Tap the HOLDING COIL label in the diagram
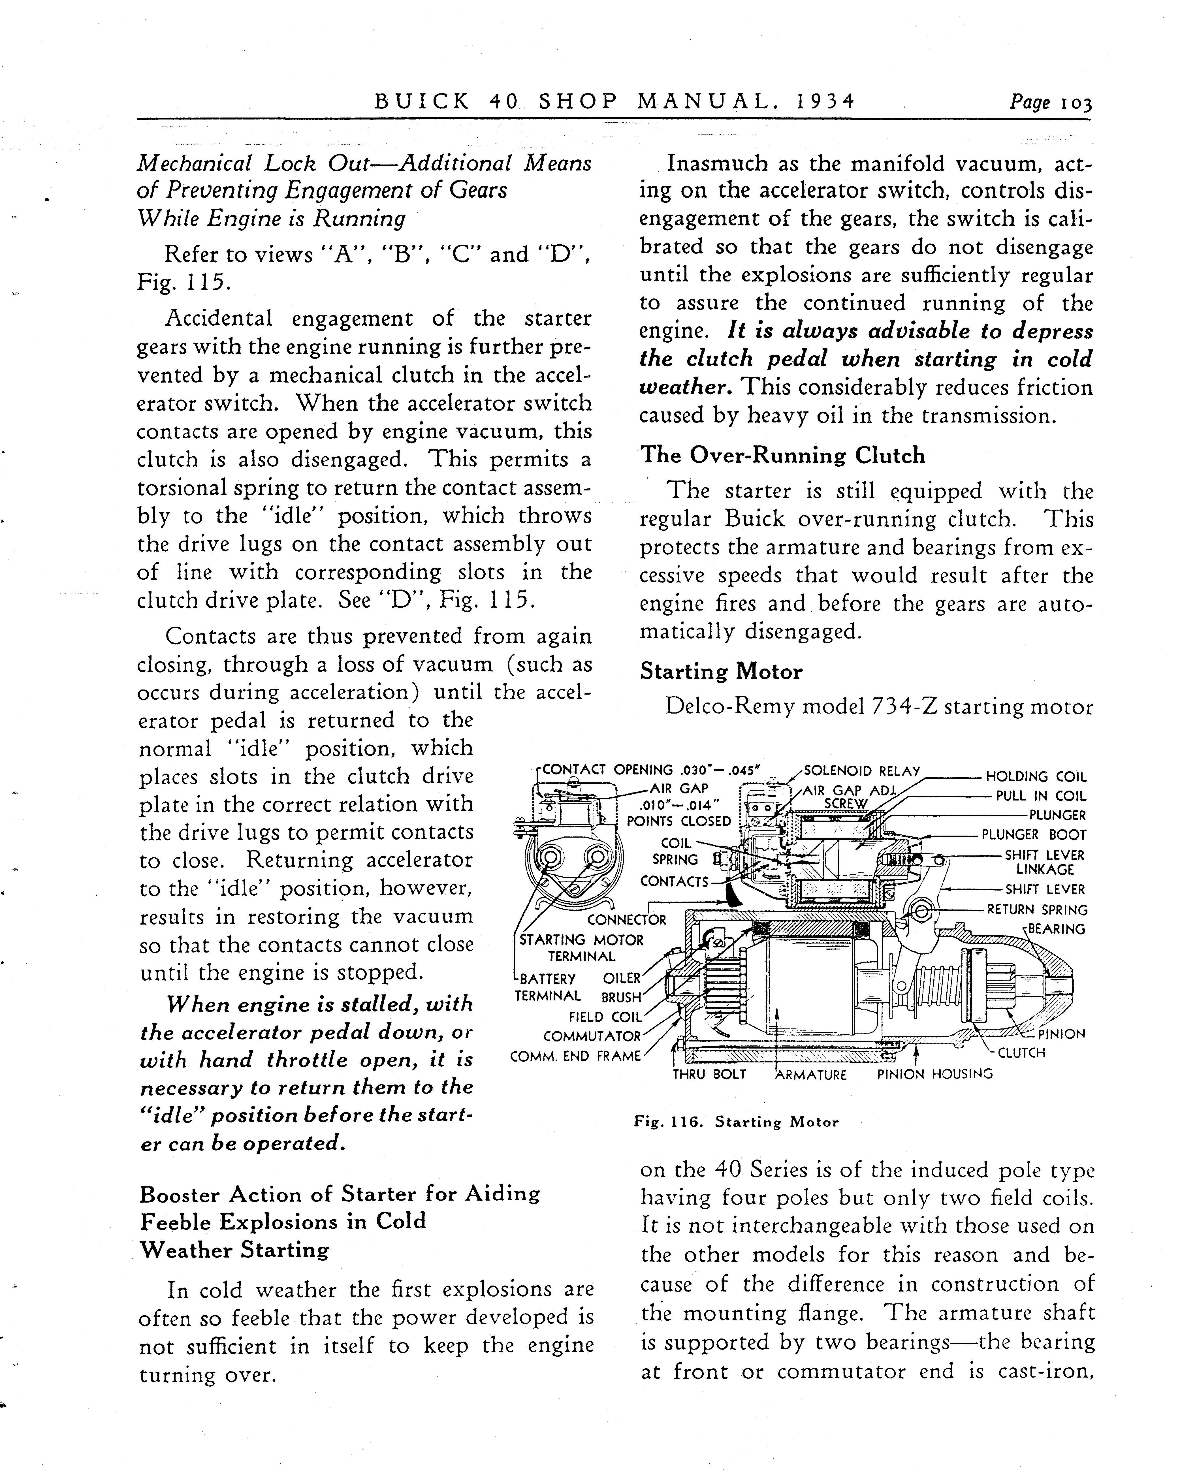click(1035, 777)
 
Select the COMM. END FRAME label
click(576, 1056)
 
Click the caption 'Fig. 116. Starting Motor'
click(736, 1122)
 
